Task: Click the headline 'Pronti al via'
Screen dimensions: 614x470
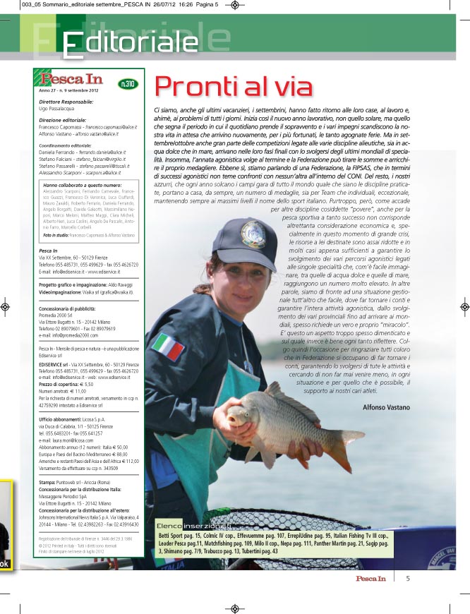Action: pos(234,86)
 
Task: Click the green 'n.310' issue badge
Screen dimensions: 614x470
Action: pos(128,83)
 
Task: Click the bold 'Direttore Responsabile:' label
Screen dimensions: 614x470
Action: pos(66,102)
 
